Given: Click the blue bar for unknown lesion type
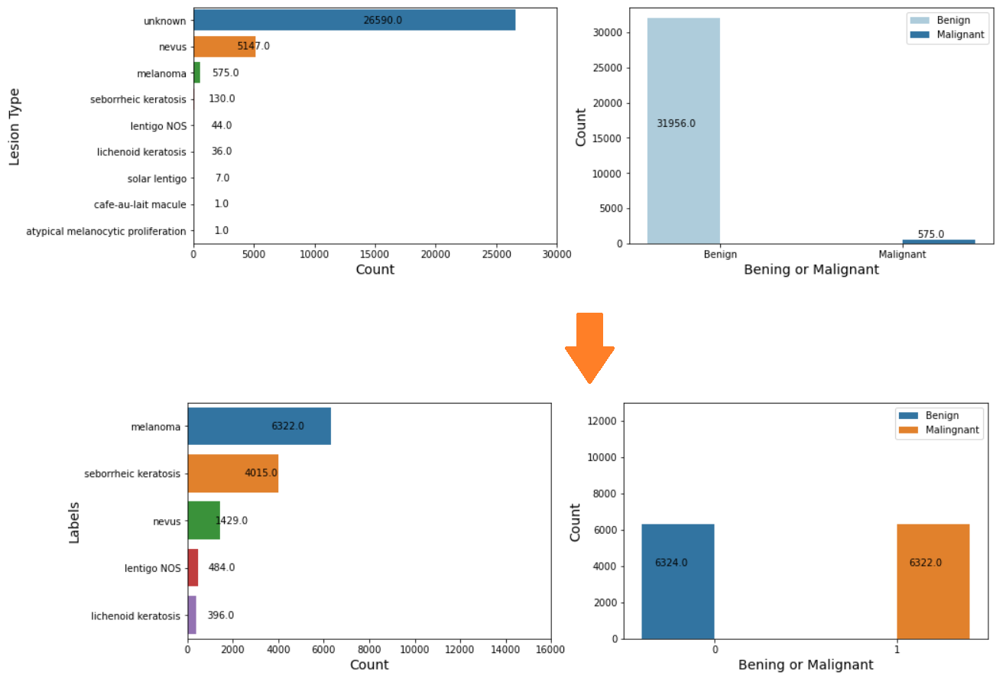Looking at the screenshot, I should pos(354,21).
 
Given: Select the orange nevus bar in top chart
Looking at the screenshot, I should pos(224,47).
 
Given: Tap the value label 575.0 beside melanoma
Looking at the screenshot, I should pos(226,73).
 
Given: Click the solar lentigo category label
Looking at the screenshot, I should pos(157,178).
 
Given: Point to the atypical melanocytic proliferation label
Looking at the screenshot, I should pos(106,231).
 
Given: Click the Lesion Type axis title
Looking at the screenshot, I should pos(15,126).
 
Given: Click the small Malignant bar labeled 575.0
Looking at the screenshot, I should pos(938,242).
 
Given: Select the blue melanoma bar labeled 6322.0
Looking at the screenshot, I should pos(259,426).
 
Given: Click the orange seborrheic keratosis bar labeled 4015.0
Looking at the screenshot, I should pos(232,473).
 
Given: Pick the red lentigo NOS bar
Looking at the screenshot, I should pos(193,567).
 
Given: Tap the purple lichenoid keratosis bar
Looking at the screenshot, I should pos(192,615).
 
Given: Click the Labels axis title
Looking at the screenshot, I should pos(74,522).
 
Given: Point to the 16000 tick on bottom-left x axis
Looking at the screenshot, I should pos(550,649).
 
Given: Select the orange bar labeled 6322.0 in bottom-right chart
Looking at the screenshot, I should pos(933,581).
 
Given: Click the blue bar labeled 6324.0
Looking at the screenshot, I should pos(677,581).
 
